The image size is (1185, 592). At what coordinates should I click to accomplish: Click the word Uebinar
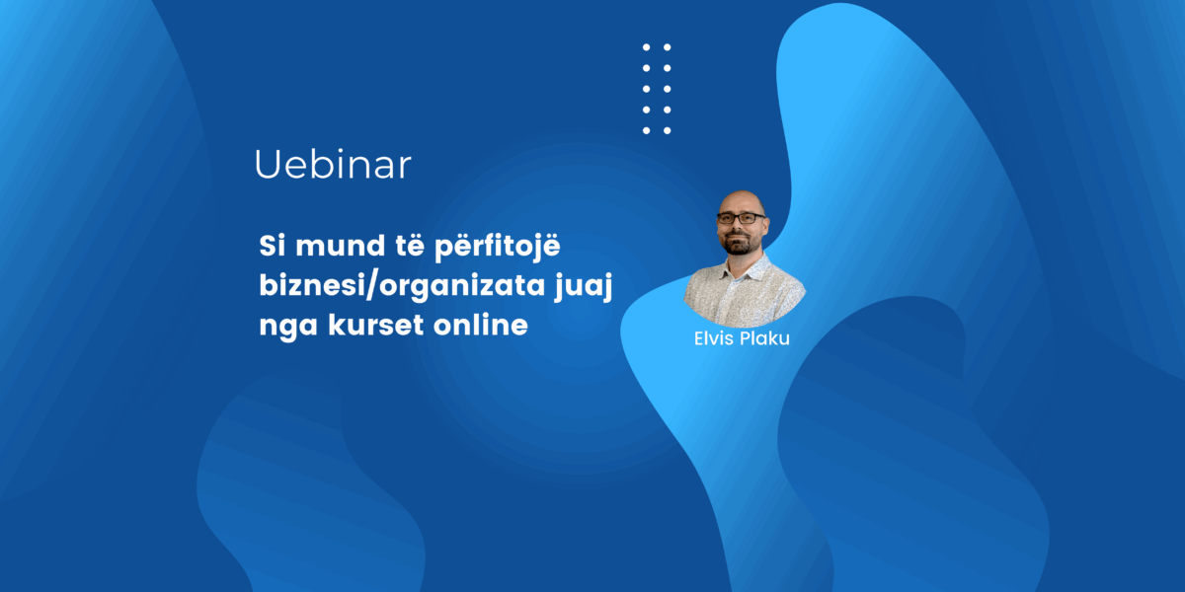tap(333, 165)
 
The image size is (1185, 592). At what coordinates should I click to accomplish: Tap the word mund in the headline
tap(340, 246)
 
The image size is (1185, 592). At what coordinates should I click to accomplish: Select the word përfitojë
tap(498, 247)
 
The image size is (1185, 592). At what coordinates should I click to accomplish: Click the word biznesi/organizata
tap(403, 286)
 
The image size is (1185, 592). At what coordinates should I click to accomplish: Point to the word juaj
tap(584, 287)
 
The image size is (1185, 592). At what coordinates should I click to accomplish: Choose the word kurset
tap(376, 324)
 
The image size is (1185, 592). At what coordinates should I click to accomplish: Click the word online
tap(481, 324)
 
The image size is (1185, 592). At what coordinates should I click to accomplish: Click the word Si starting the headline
tap(270, 246)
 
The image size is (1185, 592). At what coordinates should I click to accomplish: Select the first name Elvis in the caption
tap(713, 338)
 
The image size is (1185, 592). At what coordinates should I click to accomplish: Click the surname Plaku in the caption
tap(765, 338)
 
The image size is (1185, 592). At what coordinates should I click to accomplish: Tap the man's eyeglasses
tap(741, 218)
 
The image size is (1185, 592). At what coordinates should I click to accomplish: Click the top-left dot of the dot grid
tap(646, 47)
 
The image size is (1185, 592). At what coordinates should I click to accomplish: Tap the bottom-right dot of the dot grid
tap(668, 130)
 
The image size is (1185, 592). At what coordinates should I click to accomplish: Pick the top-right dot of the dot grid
tap(668, 47)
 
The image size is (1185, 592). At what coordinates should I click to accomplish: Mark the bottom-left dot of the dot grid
tap(646, 130)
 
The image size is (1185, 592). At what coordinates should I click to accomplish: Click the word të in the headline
tap(410, 246)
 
